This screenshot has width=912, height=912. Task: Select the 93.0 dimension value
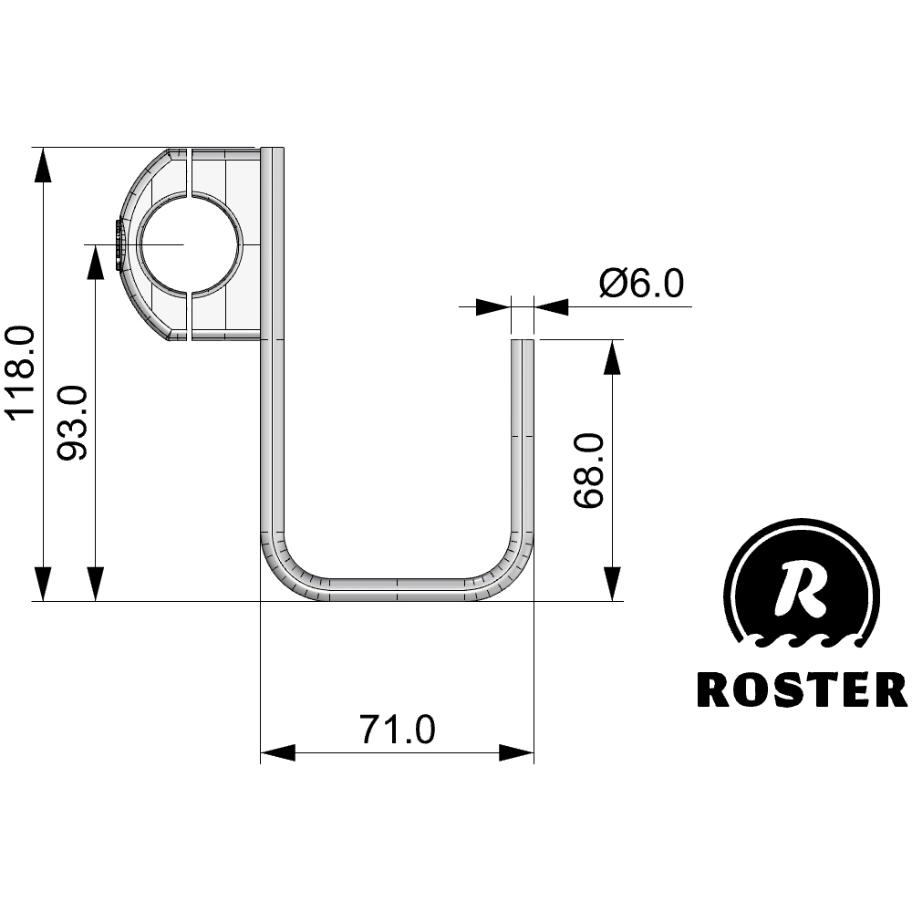click(x=73, y=423)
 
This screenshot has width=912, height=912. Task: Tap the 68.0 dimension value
click(x=589, y=471)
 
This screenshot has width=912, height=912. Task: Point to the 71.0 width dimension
click(x=398, y=730)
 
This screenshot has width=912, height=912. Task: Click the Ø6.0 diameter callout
click(x=641, y=284)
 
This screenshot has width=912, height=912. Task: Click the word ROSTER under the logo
click(x=802, y=689)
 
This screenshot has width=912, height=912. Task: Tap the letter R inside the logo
click(x=802, y=588)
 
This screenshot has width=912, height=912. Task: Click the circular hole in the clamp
click(x=190, y=244)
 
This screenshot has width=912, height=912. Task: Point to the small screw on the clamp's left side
click(x=119, y=244)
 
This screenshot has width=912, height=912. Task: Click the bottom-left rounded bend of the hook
click(x=291, y=569)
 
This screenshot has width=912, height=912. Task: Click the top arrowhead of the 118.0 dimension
click(x=43, y=165)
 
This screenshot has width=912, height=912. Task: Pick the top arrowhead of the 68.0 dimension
click(x=612, y=358)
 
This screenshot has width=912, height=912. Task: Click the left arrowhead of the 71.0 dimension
click(x=278, y=752)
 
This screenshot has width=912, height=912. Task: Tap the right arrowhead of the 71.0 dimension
click(x=516, y=752)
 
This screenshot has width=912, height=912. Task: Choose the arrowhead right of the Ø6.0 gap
click(x=551, y=306)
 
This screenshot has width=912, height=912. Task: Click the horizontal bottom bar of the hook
click(x=398, y=590)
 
